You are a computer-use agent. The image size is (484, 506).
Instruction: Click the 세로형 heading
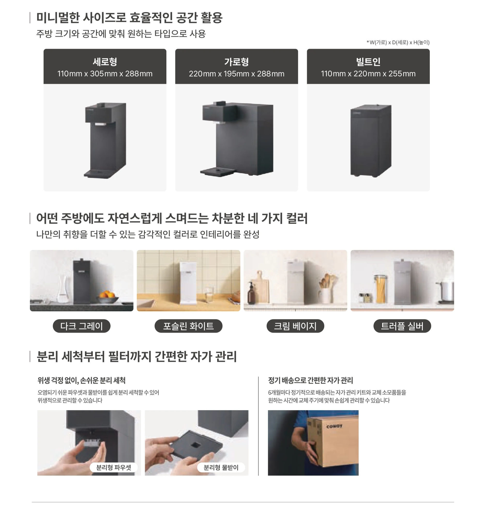pos(105,62)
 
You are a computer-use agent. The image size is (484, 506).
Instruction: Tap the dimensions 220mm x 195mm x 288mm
pos(236,74)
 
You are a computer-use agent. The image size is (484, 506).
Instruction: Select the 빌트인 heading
pos(368,62)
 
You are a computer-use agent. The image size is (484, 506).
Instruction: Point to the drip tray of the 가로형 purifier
pos(217,171)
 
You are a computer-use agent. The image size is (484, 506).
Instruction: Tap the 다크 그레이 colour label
pos(82,326)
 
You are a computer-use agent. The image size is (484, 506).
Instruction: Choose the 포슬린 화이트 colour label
pos(188,326)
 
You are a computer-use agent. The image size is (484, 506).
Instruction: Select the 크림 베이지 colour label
pos(295,326)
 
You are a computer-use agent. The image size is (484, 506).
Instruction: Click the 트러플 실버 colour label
pos(402,326)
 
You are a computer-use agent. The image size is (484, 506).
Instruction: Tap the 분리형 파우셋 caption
pos(113,467)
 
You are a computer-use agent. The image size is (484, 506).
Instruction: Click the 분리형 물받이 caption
pos(221,467)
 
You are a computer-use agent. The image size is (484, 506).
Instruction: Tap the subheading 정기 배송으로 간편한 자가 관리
pos(310,380)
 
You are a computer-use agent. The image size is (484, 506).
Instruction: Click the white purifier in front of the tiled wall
pos(188,283)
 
